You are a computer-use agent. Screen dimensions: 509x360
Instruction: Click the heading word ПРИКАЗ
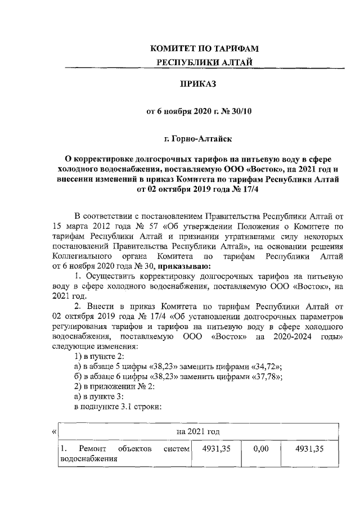click(197, 84)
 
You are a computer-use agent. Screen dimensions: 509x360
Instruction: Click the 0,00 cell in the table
click(259, 449)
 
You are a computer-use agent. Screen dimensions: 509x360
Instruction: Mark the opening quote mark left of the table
click(53, 431)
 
